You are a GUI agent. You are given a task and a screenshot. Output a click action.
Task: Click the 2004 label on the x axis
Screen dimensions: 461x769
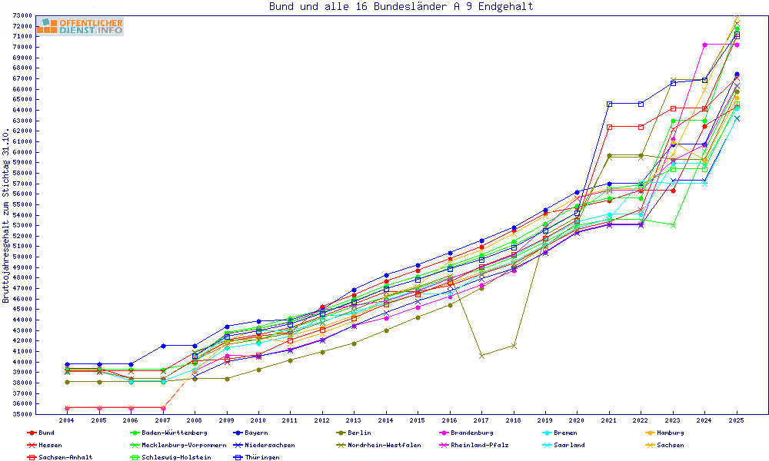pyautogui.click(x=67, y=421)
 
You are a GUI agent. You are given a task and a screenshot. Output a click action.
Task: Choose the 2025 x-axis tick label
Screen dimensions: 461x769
pyautogui.click(x=736, y=421)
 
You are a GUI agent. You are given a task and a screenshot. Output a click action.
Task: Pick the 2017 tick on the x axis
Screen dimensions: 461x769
pyautogui.click(x=481, y=421)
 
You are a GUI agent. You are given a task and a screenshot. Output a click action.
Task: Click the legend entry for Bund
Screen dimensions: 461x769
pyautogui.click(x=42, y=433)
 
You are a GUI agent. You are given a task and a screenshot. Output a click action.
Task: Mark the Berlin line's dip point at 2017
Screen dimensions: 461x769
pyautogui.click(x=481, y=356)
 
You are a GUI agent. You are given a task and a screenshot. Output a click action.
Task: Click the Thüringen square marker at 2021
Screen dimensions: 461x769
pyautogui.click(x=609, y=104)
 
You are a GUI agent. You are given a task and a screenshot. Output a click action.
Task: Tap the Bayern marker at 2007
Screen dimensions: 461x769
pyautogui.click(x=163, y=346)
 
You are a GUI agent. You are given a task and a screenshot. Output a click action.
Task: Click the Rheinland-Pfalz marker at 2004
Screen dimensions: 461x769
pyautogui.click(x=68, y=408)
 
